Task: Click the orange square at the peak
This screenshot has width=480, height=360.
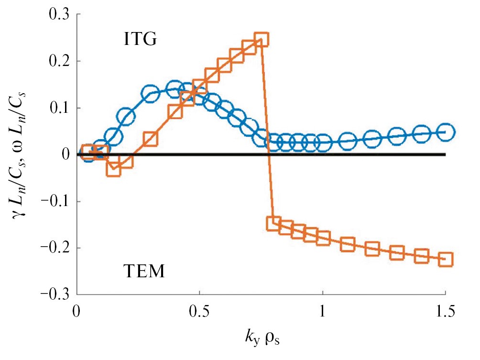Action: (261, 39)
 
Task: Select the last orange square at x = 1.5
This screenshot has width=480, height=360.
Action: (446, 260)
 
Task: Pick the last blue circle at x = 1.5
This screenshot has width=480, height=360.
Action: (446, 132)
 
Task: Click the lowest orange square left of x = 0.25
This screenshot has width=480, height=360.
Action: (113, 169)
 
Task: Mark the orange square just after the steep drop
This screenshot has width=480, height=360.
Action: (273, 223)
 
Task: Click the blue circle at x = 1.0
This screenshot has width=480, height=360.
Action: (323, 142)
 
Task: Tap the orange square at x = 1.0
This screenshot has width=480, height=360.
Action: (323, 238)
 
